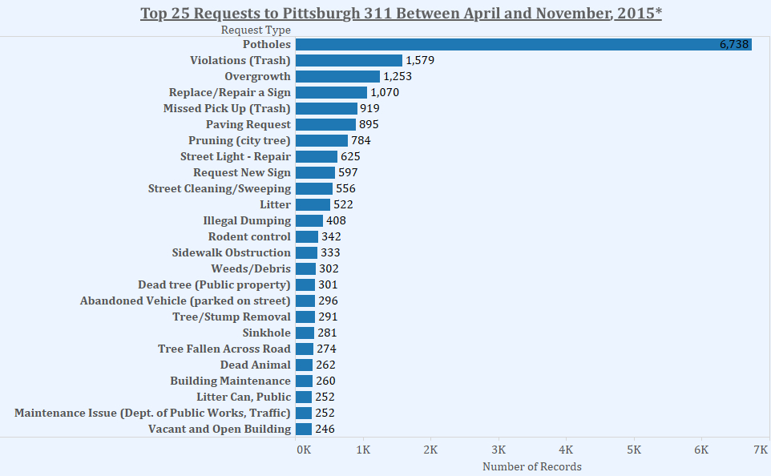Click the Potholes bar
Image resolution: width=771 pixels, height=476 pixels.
point(523,44)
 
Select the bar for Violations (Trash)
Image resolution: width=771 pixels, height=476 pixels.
point(349,60)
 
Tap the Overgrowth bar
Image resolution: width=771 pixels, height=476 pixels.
point(337,76)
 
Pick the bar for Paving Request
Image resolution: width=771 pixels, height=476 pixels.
point(325,124)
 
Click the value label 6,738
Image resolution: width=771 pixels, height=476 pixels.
point(733,45)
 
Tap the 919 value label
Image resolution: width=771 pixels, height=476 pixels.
point(369,108)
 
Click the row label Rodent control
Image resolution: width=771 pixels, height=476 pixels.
point(249,236)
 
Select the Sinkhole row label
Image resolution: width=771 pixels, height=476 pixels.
point(267,333)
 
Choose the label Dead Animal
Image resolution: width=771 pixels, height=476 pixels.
point(255,365)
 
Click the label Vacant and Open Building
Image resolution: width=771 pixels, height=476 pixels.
point(220,429)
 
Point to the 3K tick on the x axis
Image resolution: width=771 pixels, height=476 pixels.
point(499,450)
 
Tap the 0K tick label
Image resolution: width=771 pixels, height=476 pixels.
point(304,450)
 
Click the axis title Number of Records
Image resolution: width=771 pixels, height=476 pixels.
point(531,466)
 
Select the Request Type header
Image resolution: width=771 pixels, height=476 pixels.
point(256,30)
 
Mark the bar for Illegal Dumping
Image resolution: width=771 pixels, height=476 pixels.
point(309,220)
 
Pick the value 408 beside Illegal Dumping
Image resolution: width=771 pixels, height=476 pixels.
point(336,220)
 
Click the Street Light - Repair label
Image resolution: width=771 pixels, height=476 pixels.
point(236,156)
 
